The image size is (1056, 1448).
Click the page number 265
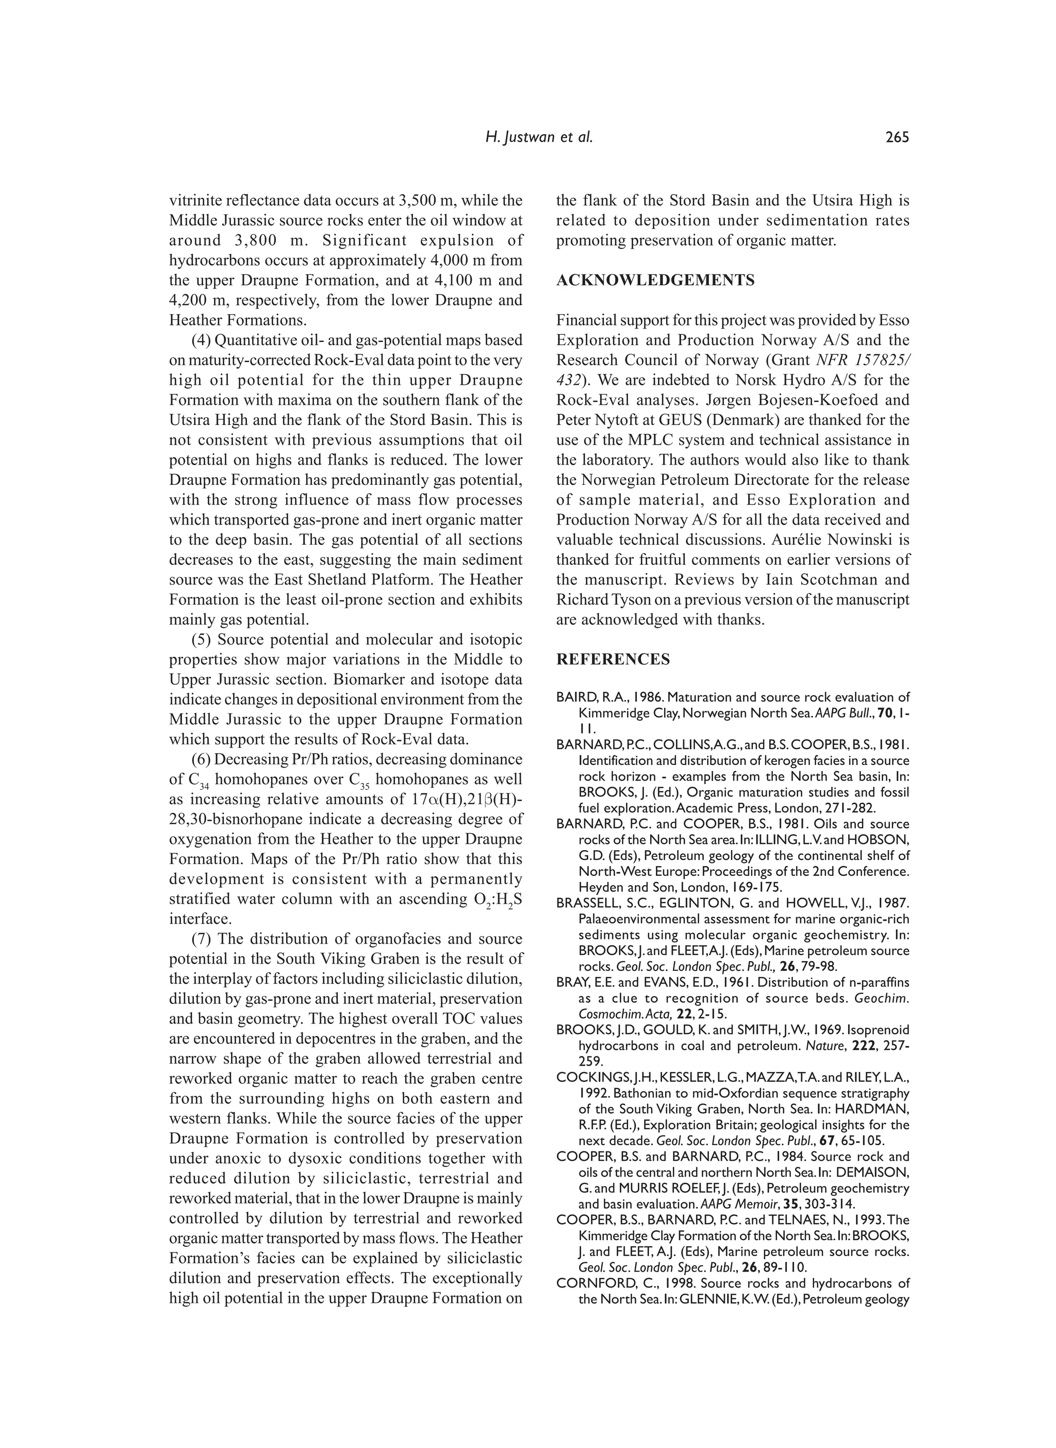pos(897,137)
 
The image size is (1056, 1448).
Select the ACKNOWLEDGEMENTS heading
pos(655,280)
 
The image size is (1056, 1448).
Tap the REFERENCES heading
pos(613,659)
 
